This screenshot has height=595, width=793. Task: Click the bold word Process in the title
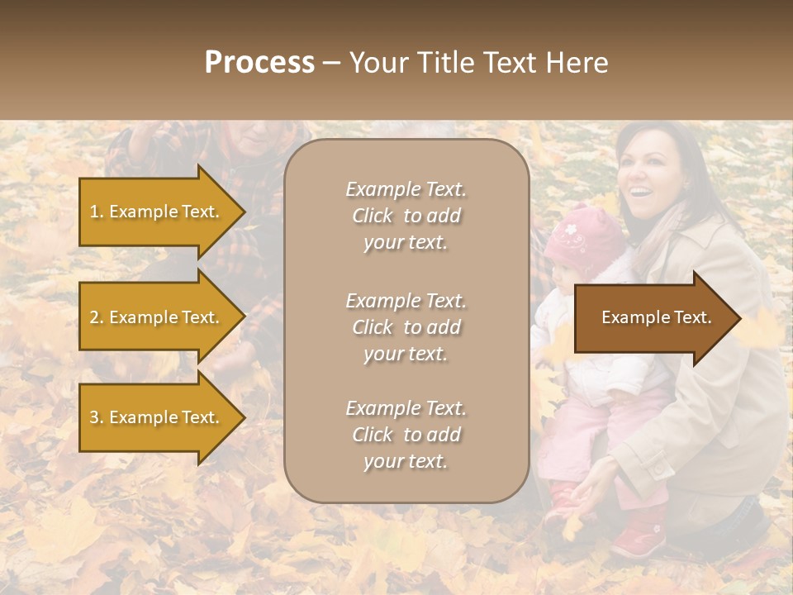[259, 63]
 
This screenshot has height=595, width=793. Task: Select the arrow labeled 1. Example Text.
[156, 212]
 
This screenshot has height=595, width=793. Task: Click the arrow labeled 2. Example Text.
[156, 317]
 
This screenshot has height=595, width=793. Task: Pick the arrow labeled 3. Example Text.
[156, 417]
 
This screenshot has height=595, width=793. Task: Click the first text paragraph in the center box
[406, 216]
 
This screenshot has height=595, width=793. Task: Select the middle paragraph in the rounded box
[406, 327]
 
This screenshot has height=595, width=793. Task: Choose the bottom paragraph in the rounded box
[406, 435]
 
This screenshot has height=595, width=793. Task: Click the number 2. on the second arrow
[97, 317]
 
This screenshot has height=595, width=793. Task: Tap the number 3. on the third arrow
[97, 417]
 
